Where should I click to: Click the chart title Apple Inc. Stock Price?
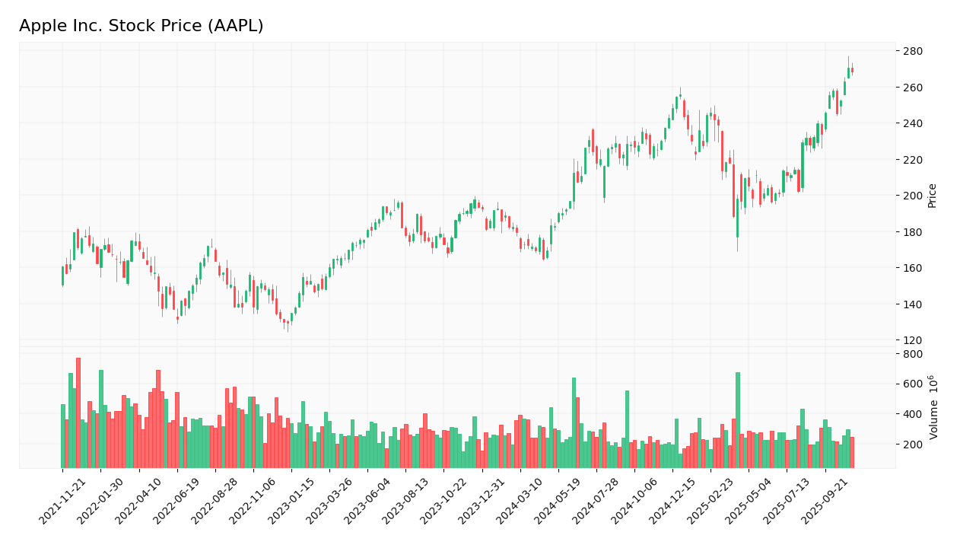141,27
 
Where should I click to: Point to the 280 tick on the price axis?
912,52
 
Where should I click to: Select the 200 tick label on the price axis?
912,196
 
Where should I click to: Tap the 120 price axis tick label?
912,340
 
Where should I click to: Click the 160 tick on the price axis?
912,268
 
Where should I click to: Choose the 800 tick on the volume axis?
912,354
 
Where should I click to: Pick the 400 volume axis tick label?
912,414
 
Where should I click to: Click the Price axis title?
932,196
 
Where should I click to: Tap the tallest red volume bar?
78,413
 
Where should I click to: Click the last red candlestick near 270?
852,70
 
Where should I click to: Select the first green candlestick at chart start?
63,276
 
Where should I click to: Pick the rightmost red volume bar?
852,452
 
